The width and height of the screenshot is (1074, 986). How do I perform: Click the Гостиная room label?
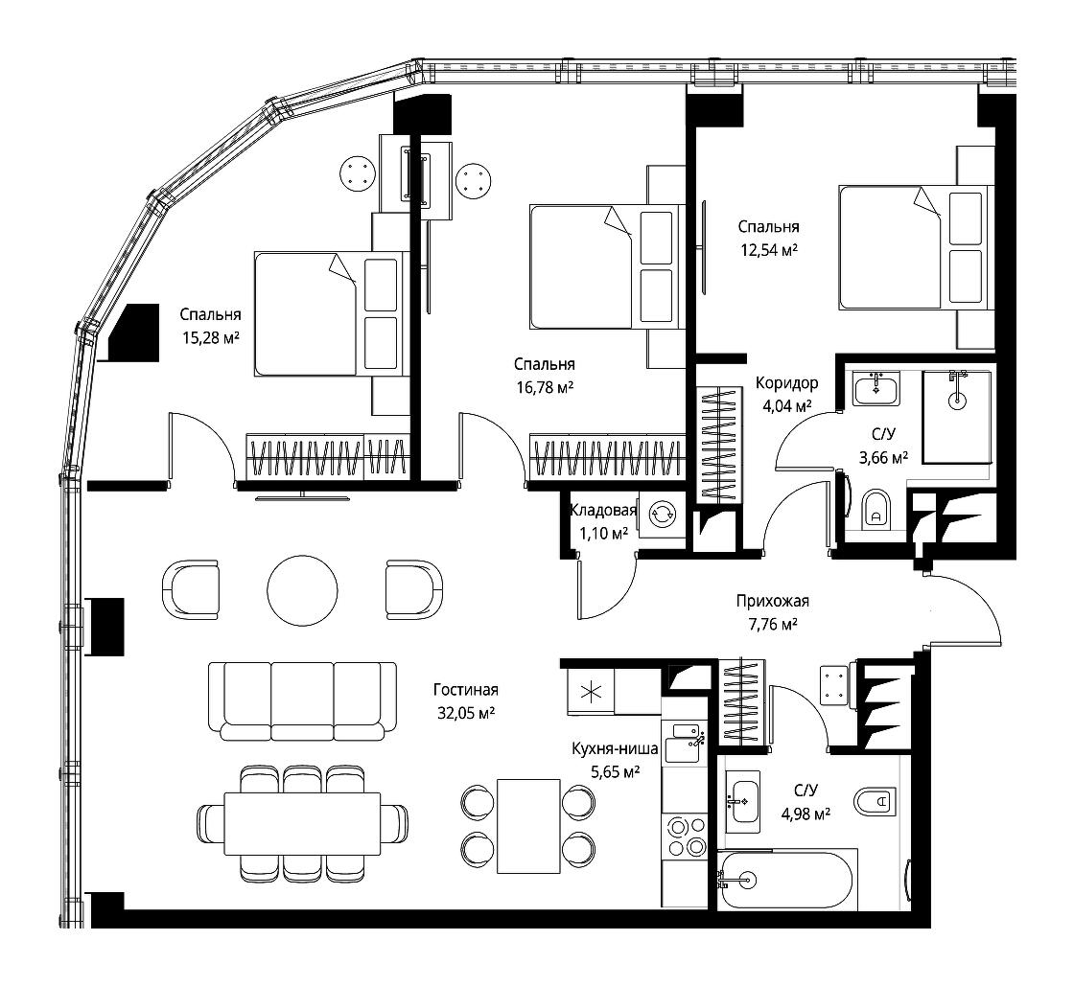coord(466,690)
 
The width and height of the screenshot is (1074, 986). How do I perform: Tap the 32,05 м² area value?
coord(466,713)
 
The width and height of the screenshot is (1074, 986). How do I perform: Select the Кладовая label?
coord(603,510)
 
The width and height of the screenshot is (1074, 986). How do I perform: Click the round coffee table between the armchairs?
coord(302,589)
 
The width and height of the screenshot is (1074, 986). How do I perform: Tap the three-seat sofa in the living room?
coord(302,700)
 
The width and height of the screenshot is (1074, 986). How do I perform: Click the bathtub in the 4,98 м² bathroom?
coord(787,880)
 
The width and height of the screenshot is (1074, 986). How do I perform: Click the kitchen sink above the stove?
coord(684,743)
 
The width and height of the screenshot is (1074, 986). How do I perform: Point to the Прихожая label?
coord(773,601)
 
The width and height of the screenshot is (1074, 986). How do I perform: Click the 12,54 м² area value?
coord(769,250)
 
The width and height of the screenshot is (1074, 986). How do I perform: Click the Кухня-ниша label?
coord(615,749)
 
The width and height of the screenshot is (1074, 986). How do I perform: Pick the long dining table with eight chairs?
coord(302,823)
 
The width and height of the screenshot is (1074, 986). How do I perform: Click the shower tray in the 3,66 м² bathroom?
coord(957,418)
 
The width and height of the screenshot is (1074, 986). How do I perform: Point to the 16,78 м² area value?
coord(546,387)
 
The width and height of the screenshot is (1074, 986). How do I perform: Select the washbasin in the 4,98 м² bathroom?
coord(742,800)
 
